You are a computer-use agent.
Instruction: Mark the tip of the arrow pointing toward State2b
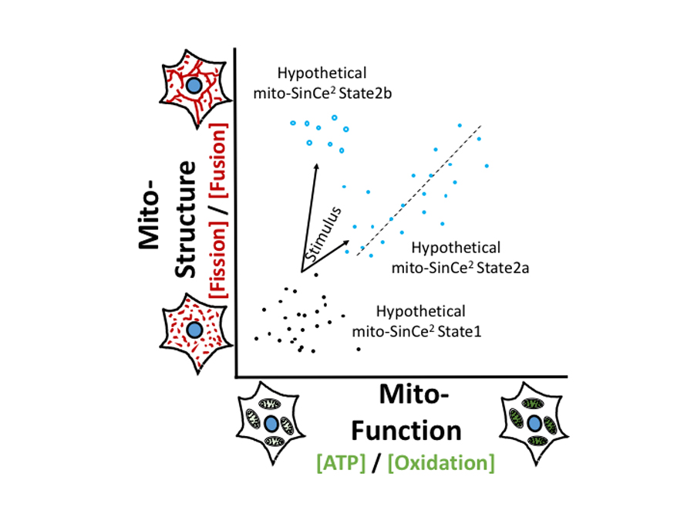click(x=316, y=164)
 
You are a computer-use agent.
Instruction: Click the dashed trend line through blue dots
click(x=420, y=188)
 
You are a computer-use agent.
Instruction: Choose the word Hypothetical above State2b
click(x=322, y=74)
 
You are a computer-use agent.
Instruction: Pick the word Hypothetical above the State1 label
click(x=420, y=312)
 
